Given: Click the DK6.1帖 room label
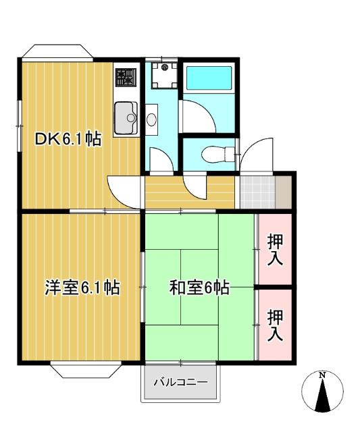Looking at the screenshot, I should click(68, 140).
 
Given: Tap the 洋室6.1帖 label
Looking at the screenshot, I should click(82, 288).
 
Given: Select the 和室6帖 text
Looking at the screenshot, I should click(199, 288).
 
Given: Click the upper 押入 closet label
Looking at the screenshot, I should click(275, 249).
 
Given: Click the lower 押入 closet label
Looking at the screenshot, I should click(275, 325).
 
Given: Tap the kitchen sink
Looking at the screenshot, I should click(126, 117).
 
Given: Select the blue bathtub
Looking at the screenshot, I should click(209, 78).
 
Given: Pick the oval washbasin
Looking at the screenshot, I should click(151, 119).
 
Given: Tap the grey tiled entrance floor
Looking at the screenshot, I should click(257, 192).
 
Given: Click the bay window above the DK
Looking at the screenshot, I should click(60, 52).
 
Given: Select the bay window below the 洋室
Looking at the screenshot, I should click(85, 369).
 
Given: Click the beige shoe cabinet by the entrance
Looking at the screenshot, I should click(283, 191).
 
